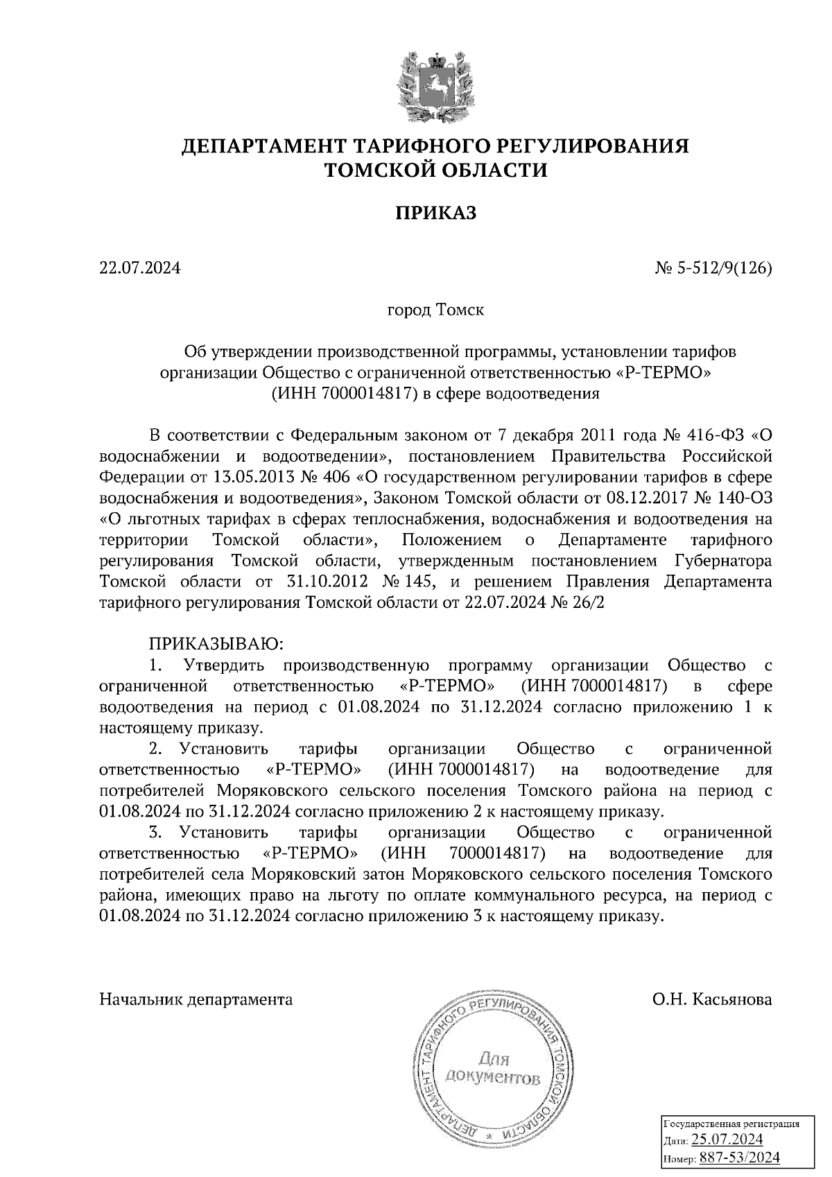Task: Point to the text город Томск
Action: [435, 310]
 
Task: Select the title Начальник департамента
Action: [196, 999]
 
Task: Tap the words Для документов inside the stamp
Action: [493, 1068]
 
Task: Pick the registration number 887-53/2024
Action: [739, 1158]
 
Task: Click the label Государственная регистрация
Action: [731, 1124]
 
